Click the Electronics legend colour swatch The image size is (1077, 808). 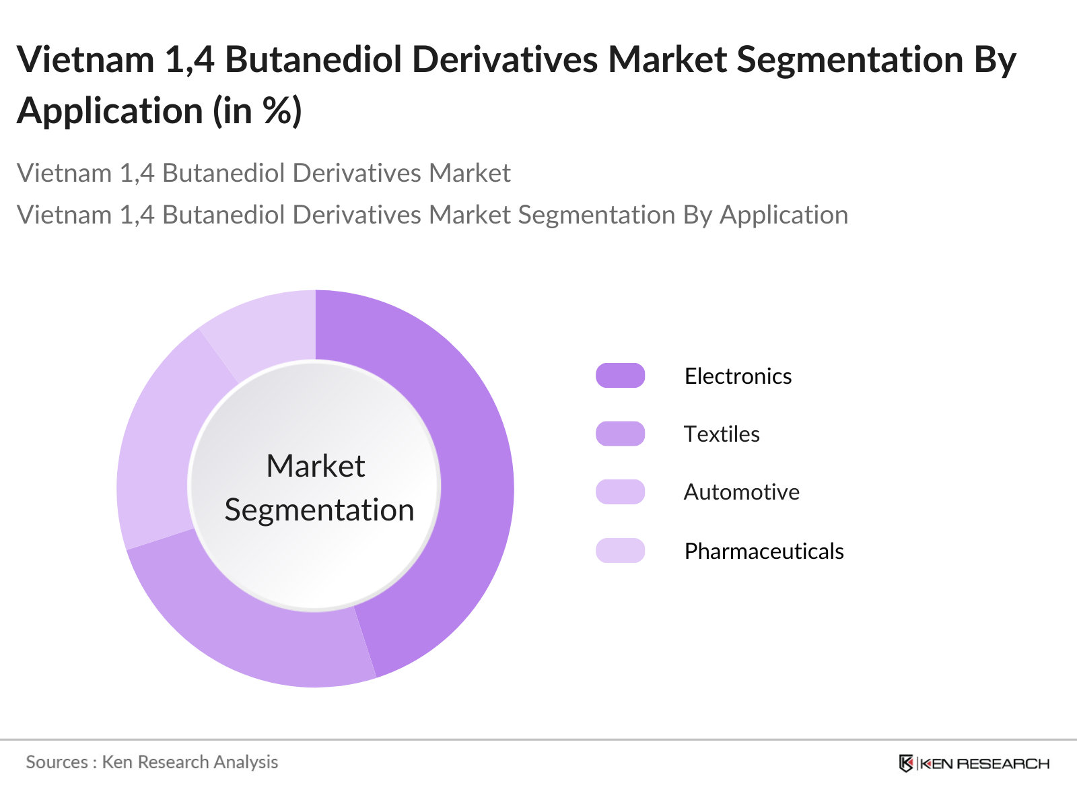(620, 376)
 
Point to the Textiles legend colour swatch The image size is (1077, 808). (620, 434)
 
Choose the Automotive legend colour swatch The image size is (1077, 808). (620, 492)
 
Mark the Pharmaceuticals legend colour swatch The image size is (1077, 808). (620, 551)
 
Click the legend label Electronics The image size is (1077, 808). (738, 376)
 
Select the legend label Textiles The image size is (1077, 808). (722, 434)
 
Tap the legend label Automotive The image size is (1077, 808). (741, 492)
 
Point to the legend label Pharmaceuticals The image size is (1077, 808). (764, 551)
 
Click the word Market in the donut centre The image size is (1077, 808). (316, 466)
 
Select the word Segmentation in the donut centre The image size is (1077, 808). (319, 510)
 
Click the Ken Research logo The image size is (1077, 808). (974, 764)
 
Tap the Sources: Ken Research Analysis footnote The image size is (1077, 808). (152, 762)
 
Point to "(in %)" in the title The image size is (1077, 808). (258, 111)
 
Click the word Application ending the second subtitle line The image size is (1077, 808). (784, 215)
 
